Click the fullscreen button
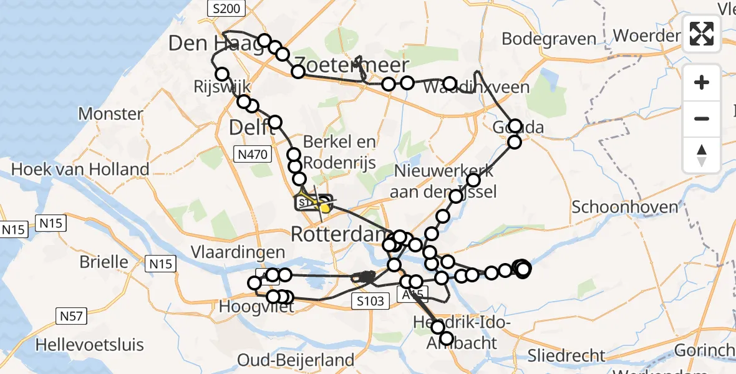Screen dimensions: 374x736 [x=702, y=34]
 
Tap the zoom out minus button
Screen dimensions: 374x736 [x=702, y=118]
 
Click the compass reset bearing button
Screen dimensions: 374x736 [x=702, y=155]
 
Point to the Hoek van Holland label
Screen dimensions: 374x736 [x=80, y=169]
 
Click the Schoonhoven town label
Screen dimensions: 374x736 [x=624, y=206]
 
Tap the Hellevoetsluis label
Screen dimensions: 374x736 [x=89, y=345]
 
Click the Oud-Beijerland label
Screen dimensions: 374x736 [x=296, y=360]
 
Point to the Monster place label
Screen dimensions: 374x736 [x=110, y=114]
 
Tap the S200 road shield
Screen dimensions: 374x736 [x=225, y=9]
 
